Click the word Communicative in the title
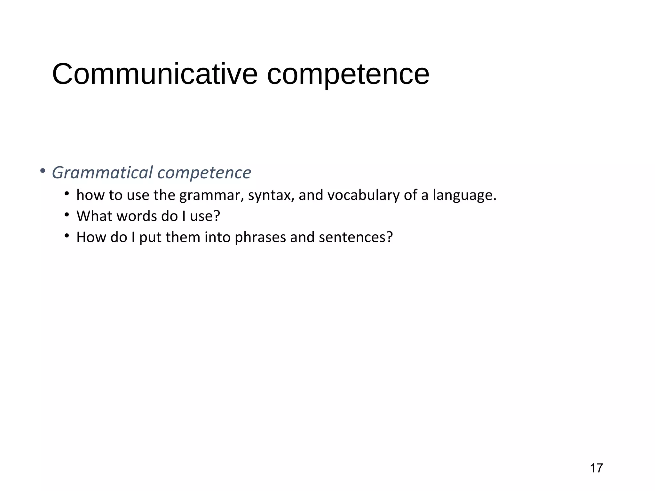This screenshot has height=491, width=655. [x=155, y=74]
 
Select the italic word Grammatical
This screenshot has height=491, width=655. [x=102, y=173]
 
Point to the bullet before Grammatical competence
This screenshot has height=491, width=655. [x=43, y=171]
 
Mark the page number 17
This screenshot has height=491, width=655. [x=596, y=468]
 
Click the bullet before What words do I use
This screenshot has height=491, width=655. [x=67, y=215]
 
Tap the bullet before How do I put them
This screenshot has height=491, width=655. [x=67, y=236]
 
